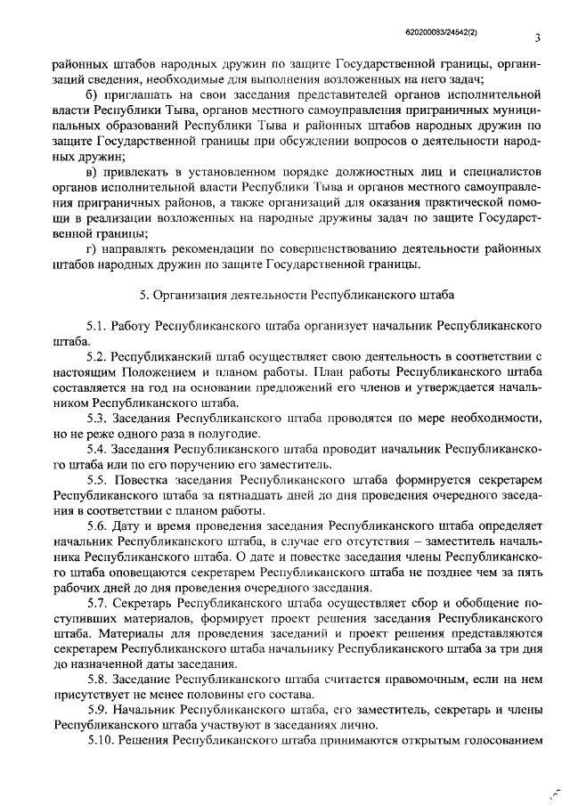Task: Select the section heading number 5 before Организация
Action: pyautogui.click(x=144, y=293)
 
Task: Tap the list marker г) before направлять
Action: pyautogui.click(x=90, y=247)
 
